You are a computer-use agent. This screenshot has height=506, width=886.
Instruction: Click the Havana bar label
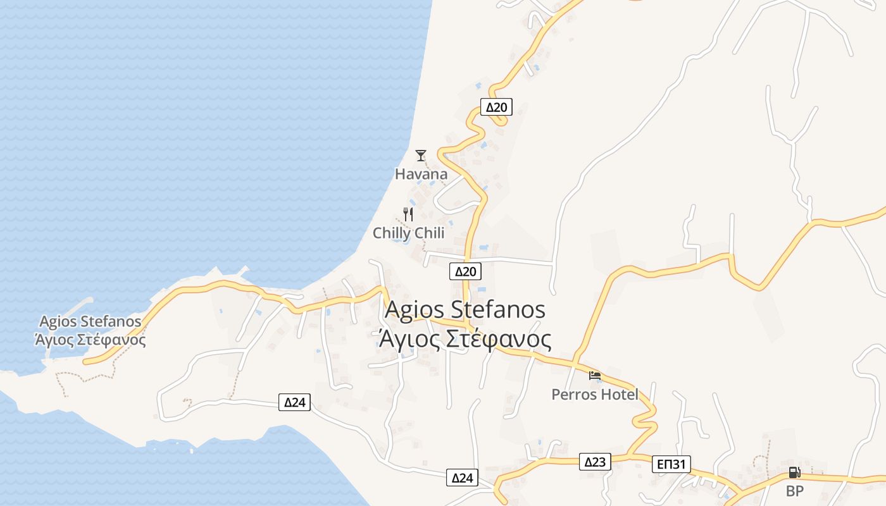[421, 174]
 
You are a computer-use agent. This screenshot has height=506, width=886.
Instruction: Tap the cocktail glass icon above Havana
[421, 155]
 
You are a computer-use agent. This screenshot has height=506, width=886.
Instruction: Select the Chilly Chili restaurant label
[408, 233]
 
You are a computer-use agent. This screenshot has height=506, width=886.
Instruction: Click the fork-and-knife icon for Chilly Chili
[408, 214]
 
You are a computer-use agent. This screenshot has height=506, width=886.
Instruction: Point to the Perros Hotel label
[595, 395]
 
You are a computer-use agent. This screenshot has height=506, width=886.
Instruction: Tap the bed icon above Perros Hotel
[595, 376]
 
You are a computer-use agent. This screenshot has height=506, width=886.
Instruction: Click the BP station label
[794, 491]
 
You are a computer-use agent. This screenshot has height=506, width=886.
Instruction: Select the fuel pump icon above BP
[794, 472]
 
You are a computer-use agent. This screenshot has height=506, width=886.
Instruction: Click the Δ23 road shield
[596, 462]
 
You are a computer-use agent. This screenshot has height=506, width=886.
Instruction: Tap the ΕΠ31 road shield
[671, 465]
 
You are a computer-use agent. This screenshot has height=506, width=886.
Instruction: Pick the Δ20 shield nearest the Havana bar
[496, 107]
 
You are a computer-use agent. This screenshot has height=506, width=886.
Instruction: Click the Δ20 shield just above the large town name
[465, 271]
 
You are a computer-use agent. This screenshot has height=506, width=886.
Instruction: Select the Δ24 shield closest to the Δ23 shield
[462, 478]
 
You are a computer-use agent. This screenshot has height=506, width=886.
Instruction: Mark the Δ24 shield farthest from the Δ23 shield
[295, 402]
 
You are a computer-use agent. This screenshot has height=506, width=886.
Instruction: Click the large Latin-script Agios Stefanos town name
[465, 310]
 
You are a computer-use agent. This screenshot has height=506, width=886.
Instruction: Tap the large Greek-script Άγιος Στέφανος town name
[465, 340]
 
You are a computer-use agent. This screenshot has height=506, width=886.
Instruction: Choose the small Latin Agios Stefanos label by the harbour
[90, 321]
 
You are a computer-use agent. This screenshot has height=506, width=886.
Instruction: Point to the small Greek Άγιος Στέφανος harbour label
[90, 340]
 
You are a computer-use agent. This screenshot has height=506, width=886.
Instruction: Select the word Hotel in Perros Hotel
[620, 395]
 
